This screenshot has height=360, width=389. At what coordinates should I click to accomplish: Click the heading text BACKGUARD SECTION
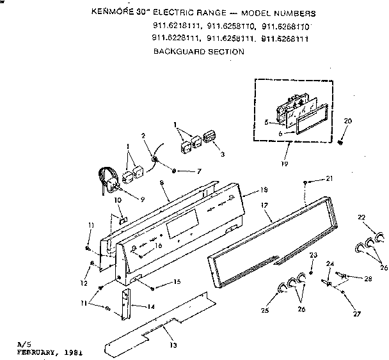[x=198, y=52]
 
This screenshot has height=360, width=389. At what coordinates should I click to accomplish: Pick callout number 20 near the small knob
[x=347, y=121]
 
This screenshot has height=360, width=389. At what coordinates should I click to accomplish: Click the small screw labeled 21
[x=308, y=183]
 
